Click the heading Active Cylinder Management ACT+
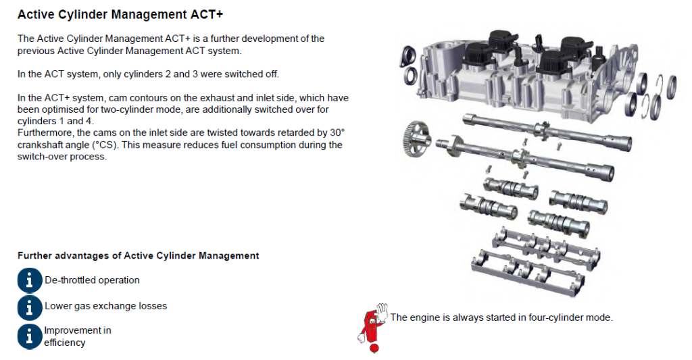(120, 15)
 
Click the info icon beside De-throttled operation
(30, 280)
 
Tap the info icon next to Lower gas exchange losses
(30, 307)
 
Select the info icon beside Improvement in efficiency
(30, 336)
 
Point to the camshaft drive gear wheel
(416, 138)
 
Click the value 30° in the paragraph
(337, 133)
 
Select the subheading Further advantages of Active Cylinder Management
(138, 256)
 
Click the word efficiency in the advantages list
(64, 343)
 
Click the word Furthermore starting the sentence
(46, 133)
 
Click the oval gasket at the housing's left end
(407, 57)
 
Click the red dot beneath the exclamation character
(374, 349)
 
